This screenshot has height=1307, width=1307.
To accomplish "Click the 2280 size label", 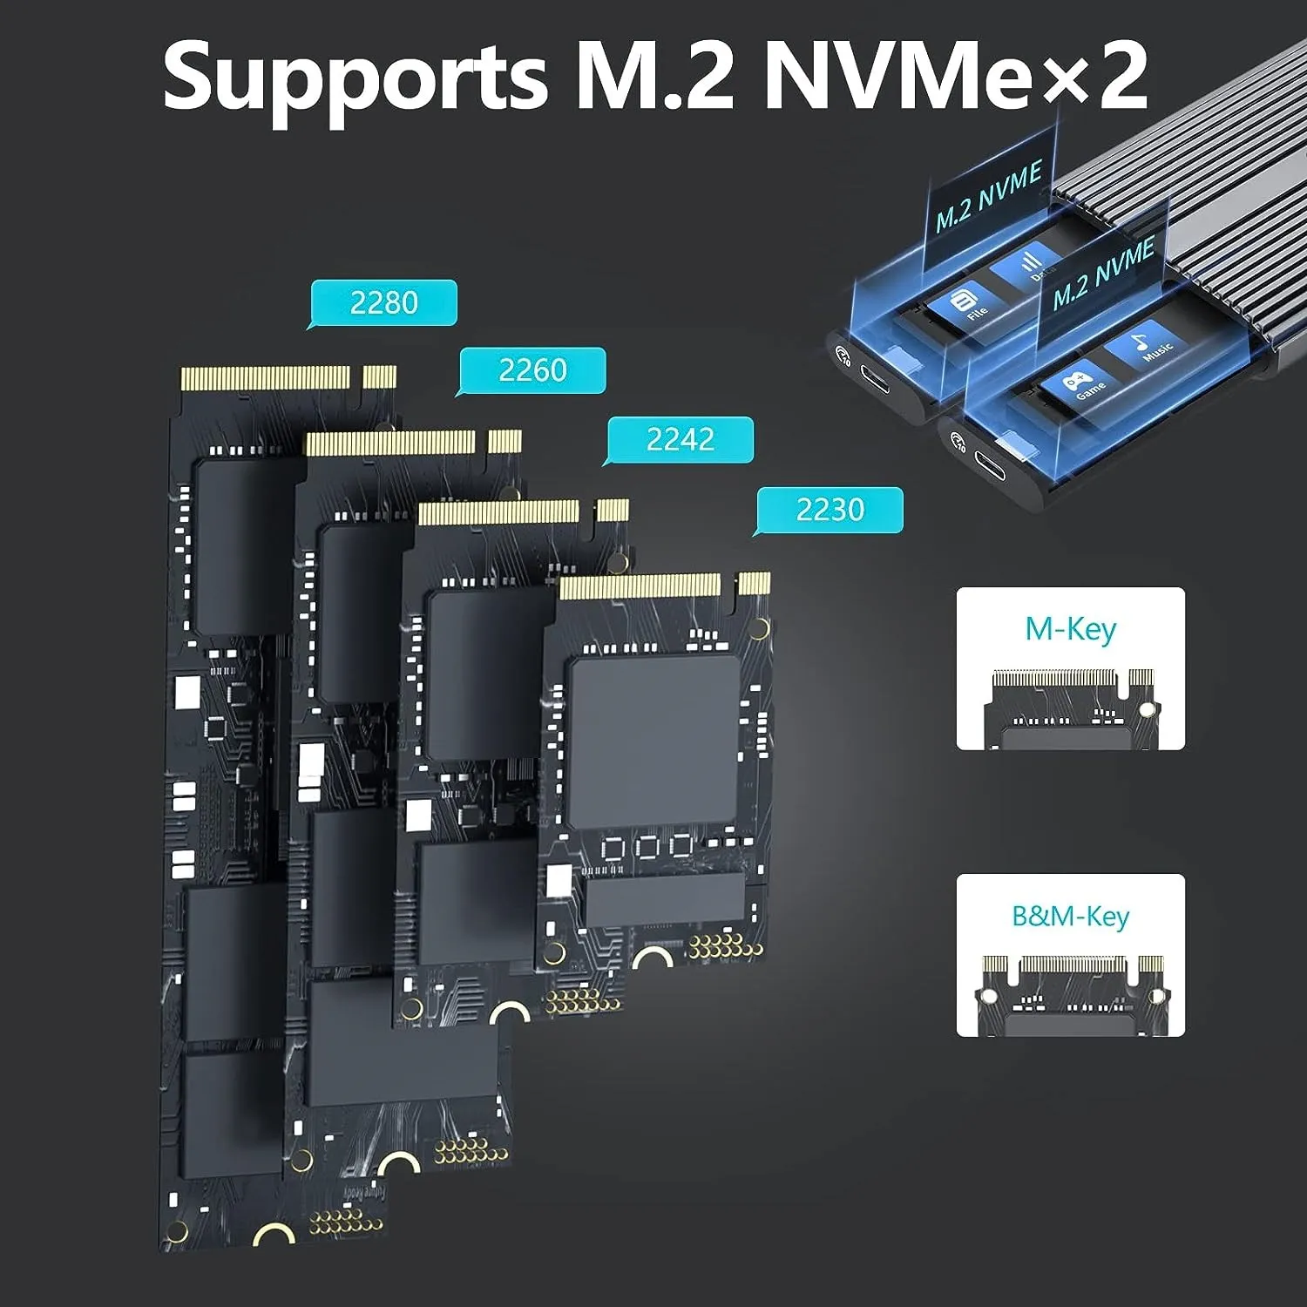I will pos(383,302).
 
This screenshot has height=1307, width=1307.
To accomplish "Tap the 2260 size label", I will pos(532,370).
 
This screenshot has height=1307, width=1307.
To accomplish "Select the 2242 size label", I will pos(680,439).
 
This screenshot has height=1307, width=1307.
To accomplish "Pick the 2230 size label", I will pos(830,509).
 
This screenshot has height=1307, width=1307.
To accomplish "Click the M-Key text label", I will pos(1070,628).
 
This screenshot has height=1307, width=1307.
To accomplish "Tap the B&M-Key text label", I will pos(1070,916).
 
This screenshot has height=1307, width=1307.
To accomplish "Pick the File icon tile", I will pos(965,305).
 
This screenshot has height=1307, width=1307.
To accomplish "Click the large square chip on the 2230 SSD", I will pos(653,741).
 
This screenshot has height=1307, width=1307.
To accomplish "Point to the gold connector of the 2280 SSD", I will pos(266,377).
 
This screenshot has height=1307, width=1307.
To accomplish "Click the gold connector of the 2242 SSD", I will pos(498,512).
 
